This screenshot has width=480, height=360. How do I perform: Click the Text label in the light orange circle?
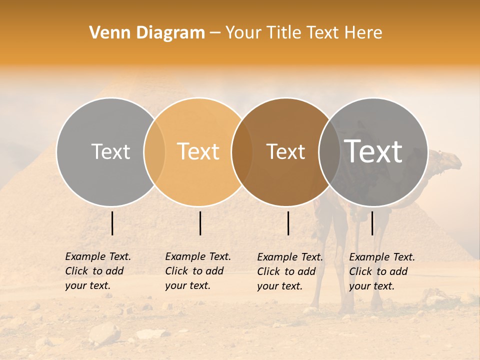[x=198, y=151]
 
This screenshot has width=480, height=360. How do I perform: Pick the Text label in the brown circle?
[x=285, y=152]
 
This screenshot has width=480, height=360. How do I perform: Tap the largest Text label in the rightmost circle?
[x=373, y=151]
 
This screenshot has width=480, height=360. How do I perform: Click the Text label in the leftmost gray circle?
[x=110, y=151]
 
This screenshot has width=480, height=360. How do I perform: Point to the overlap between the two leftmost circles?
[x=154, y=151]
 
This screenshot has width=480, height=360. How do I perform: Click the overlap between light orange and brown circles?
[x=242, y=151]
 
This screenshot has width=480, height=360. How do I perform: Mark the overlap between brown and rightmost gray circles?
[x=329, y=151]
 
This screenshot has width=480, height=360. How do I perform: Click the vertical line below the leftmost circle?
[x=112, y=223]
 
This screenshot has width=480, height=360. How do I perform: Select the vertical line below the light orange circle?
[x=200, y=223]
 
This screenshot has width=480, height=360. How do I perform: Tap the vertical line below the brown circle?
[x=288, y=223]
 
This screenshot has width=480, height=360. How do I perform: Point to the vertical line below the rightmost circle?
[x=372, y=223]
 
